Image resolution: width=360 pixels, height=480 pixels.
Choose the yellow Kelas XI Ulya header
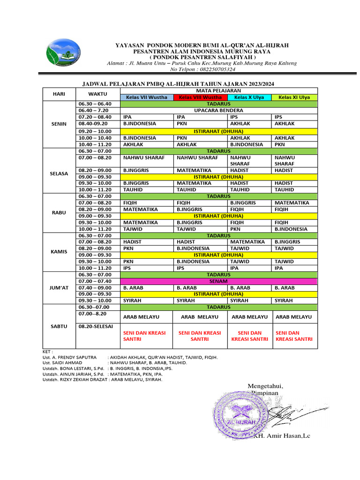294,97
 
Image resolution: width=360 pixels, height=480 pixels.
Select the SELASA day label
60,173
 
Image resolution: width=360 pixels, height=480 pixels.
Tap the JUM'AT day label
60,287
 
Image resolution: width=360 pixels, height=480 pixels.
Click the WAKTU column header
98,94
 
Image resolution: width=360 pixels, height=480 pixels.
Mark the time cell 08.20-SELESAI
96,326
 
